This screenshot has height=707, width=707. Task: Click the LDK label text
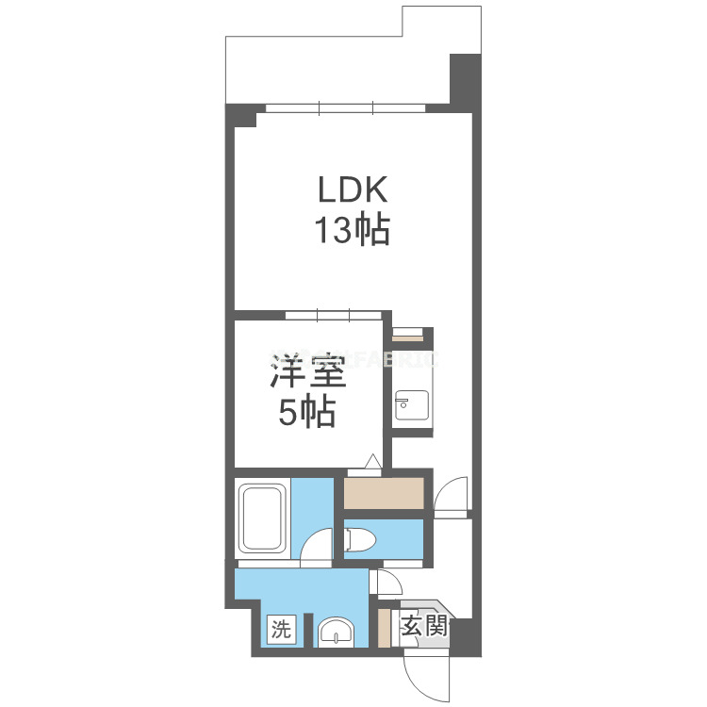tap(352, 191)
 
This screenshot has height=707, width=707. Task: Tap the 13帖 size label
tap(352, 231)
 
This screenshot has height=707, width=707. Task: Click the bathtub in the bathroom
tap(263, 519)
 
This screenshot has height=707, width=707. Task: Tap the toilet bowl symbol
tap(361, 540)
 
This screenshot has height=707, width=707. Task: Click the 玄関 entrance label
tap(421, 625)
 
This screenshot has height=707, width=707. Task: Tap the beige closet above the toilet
tap(383, 494)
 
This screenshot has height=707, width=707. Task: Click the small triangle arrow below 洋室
tap(372, 461)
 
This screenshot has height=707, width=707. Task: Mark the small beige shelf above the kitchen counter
tap(408, 332)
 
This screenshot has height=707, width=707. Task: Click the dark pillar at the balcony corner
tap(465, 83)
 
